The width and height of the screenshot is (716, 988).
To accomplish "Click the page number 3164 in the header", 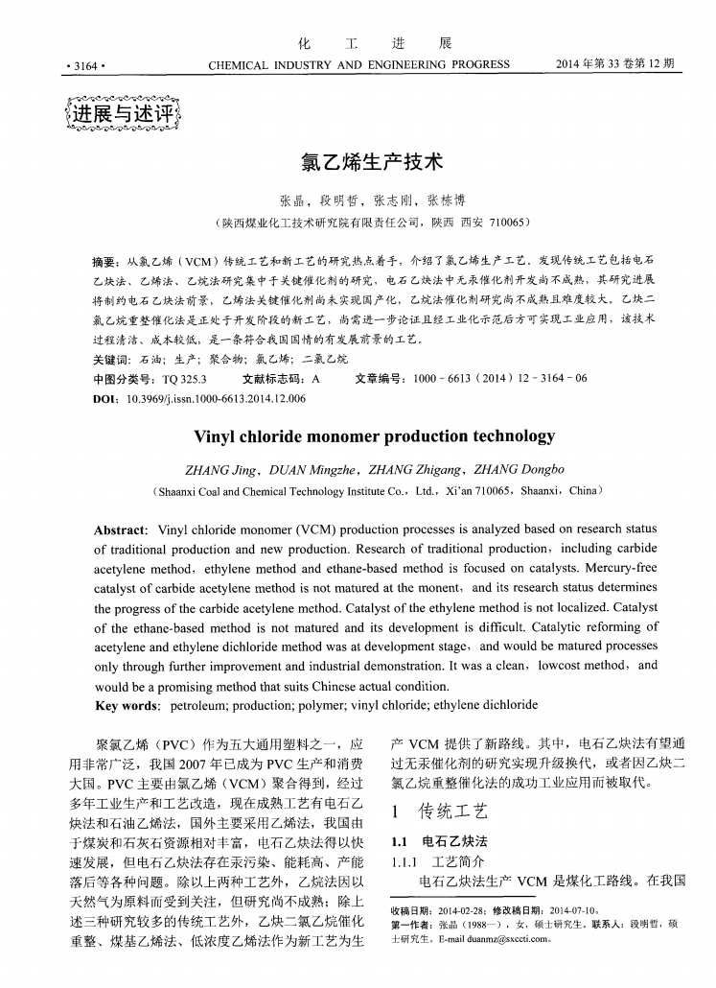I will point(84,66).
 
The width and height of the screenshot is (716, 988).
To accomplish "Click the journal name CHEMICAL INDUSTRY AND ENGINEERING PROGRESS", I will point(358,65).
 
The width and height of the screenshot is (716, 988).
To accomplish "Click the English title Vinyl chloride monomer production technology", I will point(374,436).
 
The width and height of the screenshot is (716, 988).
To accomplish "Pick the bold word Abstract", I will point(119,529).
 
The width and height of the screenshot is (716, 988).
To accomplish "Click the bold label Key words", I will point(126,705).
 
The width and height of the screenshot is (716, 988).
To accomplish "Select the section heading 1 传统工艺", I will point(441,812).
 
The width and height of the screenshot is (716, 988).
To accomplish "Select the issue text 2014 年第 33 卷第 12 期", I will point(614,65).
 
